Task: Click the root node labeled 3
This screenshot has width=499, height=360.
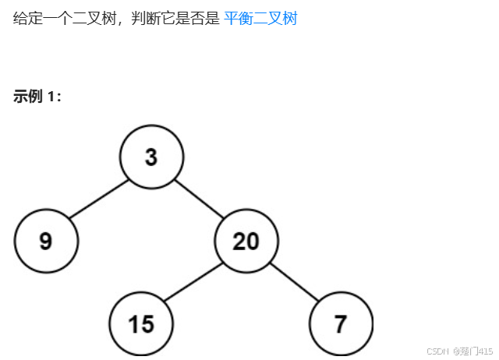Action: [x=151, y=157]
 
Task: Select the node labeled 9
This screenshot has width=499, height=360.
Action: [x=46, y=241]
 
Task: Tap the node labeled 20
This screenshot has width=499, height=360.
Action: [x=246, y=241]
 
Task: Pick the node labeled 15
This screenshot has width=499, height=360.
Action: [x=141, y=324]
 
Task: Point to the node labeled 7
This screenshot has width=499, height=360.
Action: [x=341, y=324]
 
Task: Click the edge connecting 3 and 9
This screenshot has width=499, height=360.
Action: [x=99, y=199]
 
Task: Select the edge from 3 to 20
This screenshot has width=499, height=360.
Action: [x=199, y=199]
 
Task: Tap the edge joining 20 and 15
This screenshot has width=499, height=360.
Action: [x=193, y=283]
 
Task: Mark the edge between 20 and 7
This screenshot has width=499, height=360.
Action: [x=294, y=283]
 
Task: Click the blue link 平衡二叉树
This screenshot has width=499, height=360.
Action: [x=260, y=18]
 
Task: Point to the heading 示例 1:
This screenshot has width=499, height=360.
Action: [x=37, y=97]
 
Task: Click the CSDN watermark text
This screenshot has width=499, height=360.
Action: [x=439, y=351]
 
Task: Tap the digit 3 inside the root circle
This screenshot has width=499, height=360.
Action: [x=151, y=157]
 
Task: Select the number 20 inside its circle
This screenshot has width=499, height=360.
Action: [x=246, y=242]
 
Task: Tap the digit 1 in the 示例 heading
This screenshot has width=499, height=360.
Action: [x=51, y=97]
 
